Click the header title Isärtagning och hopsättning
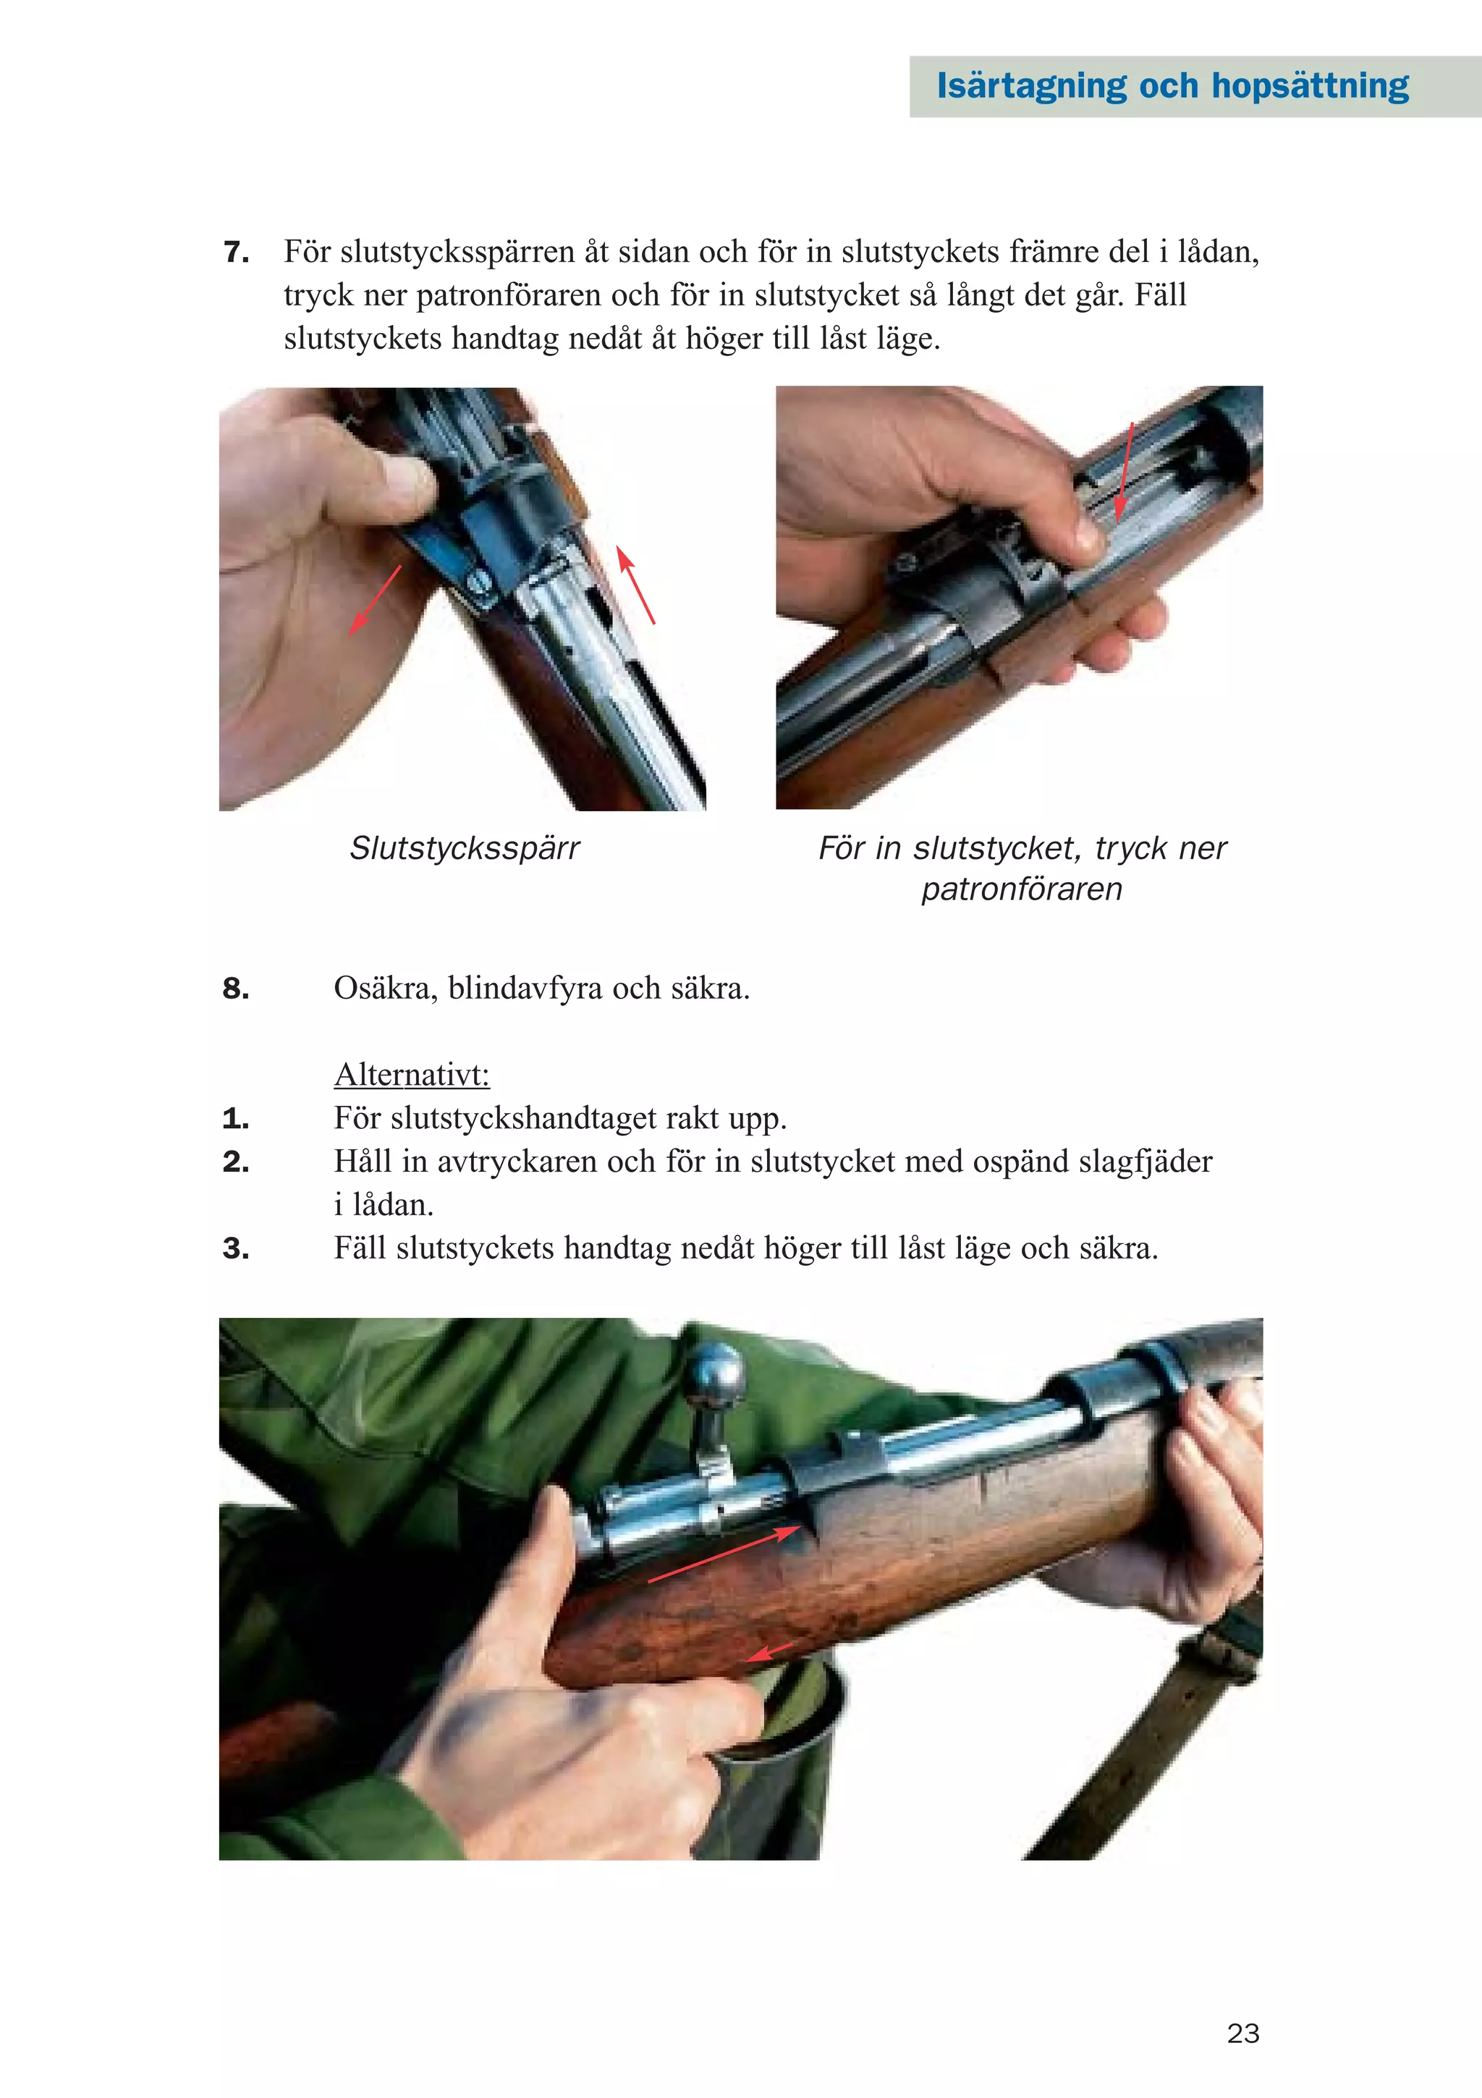[1172, 86]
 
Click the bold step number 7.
[236, 251]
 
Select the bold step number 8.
[236, 988]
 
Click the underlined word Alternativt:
[412, 1075]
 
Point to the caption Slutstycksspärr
[464, 849]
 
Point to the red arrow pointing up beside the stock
[635, 585]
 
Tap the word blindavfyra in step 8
[525, 988]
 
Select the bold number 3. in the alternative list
[236, 1248]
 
